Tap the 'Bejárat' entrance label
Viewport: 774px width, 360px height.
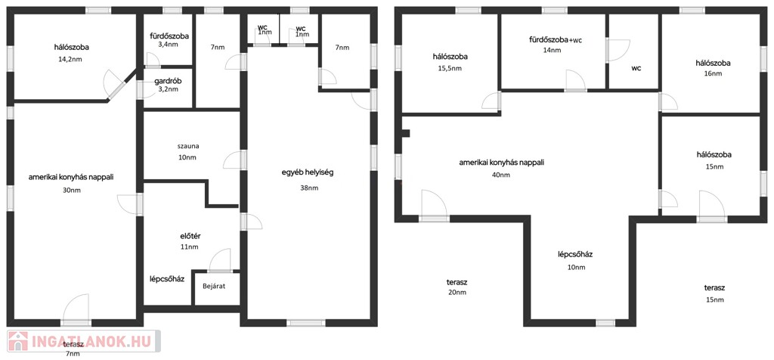click(214, 286)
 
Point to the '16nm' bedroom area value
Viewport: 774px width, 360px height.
click(713, 74)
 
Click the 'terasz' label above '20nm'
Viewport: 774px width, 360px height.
click(457, 282)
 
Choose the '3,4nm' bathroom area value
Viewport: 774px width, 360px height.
click(169, 44)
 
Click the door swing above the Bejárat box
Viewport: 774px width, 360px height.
click(220, 259)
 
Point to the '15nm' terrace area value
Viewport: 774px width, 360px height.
click(715, 299)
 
